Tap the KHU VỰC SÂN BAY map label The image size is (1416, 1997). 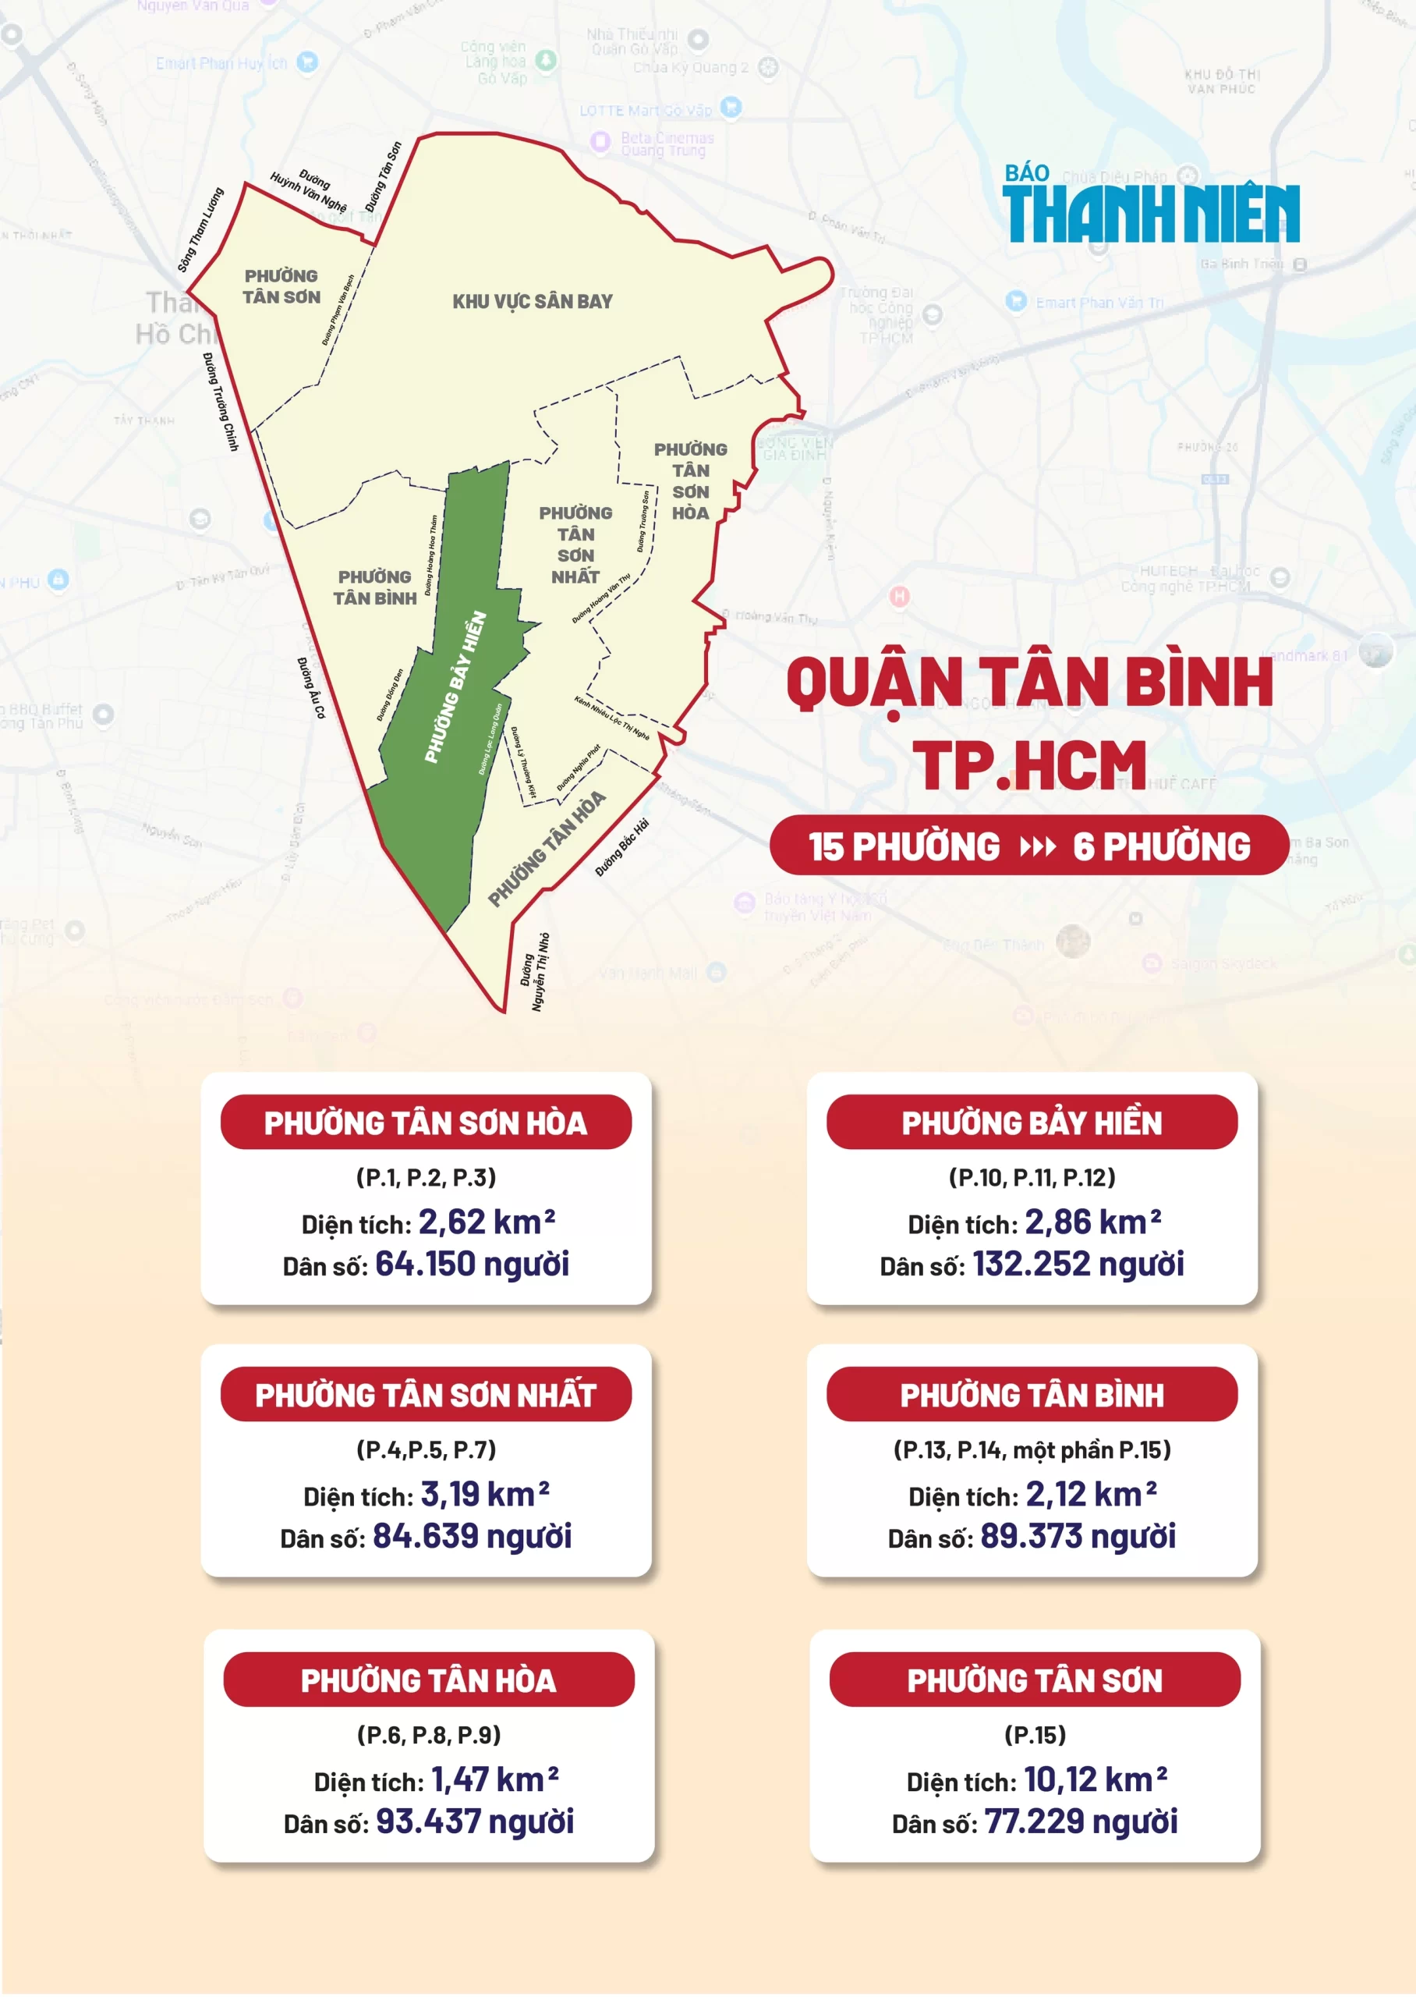pos(532,302)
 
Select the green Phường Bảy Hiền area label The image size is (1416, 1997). pos(455,687)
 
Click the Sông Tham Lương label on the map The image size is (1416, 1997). pos(200,229)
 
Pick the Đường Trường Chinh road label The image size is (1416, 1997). pos(221,401)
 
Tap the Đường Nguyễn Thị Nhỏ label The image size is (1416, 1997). pos(536,972)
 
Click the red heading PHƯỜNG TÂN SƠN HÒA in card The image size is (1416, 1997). pos(426,1123)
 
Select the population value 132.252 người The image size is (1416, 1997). pos(1078,1264)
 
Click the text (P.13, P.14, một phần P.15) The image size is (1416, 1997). pos(1032,1449)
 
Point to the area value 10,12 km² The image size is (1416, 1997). pos(1094,1780)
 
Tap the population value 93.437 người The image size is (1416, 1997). pos(474,1821)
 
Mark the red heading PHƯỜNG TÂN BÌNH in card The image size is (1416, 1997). pos(1032,1396)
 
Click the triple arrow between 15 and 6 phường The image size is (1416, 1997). pos(1037,846)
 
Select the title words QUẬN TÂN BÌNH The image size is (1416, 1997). pos(1030,683)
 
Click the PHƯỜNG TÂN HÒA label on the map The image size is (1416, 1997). pos(546,849)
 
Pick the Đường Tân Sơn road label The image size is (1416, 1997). pos(383,177)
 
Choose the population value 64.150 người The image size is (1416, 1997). pos(472,1264)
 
